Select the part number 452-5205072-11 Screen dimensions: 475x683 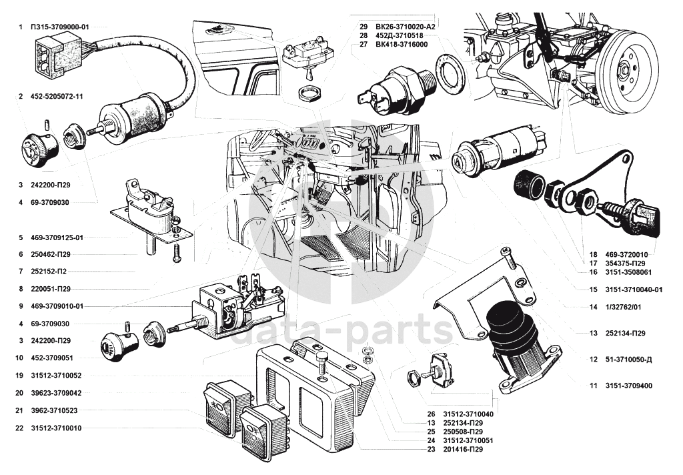57,97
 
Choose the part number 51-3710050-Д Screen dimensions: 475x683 628,360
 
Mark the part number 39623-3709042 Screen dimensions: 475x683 56,393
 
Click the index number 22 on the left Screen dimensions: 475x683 21,428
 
